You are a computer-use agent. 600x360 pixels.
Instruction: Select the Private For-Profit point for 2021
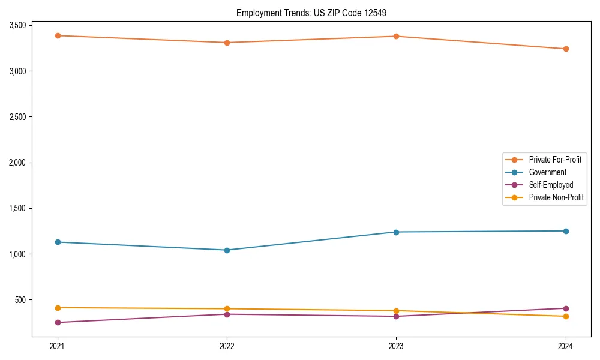tap(58, 35)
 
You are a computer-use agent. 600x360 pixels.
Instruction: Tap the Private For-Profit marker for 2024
tap(566, 49)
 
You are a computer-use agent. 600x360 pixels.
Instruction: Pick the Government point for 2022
tap(227, 250)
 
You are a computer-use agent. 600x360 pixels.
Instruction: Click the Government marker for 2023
tap(396, 232)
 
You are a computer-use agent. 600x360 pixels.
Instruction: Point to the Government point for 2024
tap(566, 231)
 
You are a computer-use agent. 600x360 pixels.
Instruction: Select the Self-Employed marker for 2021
tap(58, 322)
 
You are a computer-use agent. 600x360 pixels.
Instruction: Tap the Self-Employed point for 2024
tap(566, 308)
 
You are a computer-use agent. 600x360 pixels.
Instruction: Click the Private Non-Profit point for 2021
tap(58, 308)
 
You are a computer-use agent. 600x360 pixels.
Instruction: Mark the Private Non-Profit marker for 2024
tap(566, 316)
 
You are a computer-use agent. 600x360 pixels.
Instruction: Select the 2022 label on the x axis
tap(227, 346)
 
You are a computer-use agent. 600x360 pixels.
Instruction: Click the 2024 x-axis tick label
tap(566, 346)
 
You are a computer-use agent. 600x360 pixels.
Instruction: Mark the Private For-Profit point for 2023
tap(396, 36)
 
